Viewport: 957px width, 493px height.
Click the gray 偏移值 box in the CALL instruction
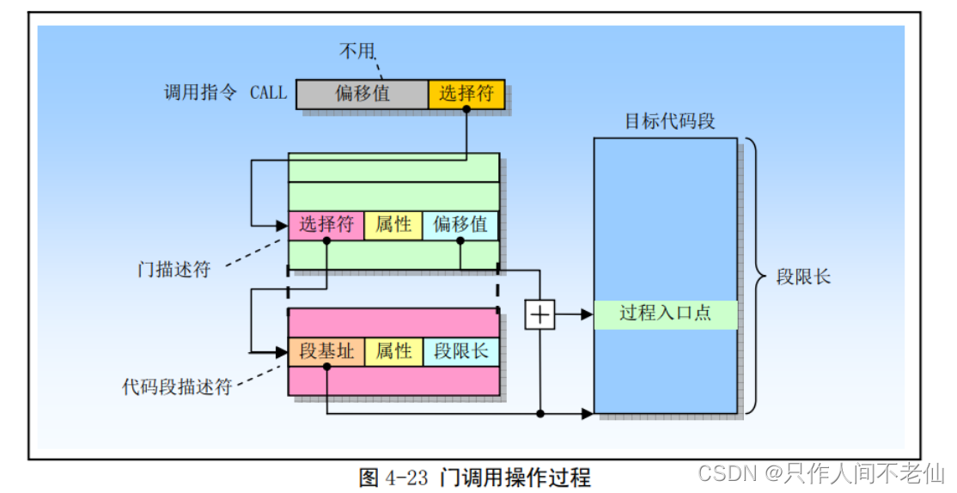click(x=362, y=94)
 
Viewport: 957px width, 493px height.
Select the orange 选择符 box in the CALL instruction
click(x=466, y=94)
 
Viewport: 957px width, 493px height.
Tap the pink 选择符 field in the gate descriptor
click(x=326, y=225)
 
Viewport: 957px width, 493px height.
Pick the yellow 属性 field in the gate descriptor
click(x=393, y=225)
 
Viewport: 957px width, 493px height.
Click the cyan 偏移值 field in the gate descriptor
click(x=460, y=225)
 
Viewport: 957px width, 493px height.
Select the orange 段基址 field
click(x=326, y=351)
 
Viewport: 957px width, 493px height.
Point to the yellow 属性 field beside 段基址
click(x=393, y=351)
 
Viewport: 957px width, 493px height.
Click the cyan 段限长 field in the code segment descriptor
click(x=460, y=351)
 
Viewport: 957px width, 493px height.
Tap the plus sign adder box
click(x=539, y=315)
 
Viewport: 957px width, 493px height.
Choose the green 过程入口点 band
click(x=666, y=313)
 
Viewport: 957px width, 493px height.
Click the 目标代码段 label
click(x=669, y=121)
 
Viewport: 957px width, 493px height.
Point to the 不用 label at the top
click(x=356, y=52)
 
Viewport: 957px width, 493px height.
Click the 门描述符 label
click(x=174, y=268)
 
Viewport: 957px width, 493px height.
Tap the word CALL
click(x=268, y=93)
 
